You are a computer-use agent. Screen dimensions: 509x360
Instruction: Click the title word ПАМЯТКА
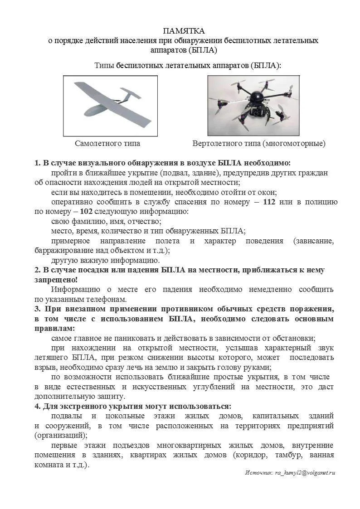[x=184, y=31]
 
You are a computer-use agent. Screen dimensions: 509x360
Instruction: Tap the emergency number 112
[x=269, y=202]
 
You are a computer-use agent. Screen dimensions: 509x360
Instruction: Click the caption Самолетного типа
[x=107, y=144]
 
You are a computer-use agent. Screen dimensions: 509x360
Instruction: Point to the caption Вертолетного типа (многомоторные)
[x=259, y=144]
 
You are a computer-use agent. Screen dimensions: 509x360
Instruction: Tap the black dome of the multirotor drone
[x=258, y=97]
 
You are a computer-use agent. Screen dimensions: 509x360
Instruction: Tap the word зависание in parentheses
[x=314, y=241]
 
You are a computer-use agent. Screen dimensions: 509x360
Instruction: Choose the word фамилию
[x=88, y=221]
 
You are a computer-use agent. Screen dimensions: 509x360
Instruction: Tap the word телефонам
[x=104, y=299]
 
